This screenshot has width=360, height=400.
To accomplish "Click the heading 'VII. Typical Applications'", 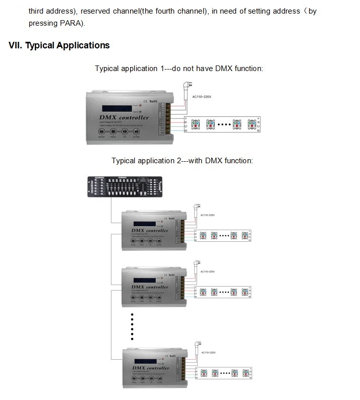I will click(59, 45).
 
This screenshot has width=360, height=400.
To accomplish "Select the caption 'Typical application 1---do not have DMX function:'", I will click(179, 68).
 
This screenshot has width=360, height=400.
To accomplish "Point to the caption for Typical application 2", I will click(182, 161).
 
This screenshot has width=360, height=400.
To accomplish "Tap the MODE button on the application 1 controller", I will click(102, 132).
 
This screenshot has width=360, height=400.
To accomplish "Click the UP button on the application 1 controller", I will click(125, 132).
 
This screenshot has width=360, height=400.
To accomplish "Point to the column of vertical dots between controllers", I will click(132, 326).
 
